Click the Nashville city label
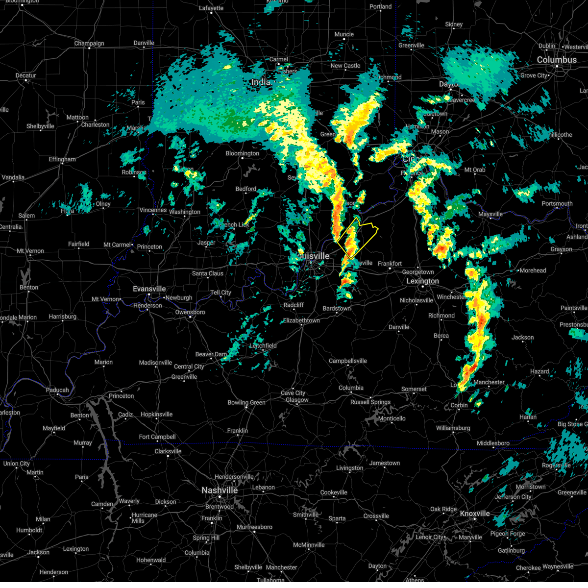click(220, 490)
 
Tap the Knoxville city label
click(474, 514)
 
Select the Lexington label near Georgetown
click(422, 281)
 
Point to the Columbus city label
click(557, 60)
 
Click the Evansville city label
click(149, 289)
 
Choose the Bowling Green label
click(246, 403)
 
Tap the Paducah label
click(57, 391)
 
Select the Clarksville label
click(168, 451)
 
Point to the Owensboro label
click(190, 312)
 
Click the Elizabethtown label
click(301, 321)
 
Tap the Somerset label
click(414, 390)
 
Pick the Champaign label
click(89, 44)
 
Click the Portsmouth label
click(557, 204)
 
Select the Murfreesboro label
click(254, 527)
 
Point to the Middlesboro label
click(493, 443)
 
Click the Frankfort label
click(390, 264)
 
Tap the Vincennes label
click(153, 210)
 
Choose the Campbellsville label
click(348, 361)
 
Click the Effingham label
click(62, 159)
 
